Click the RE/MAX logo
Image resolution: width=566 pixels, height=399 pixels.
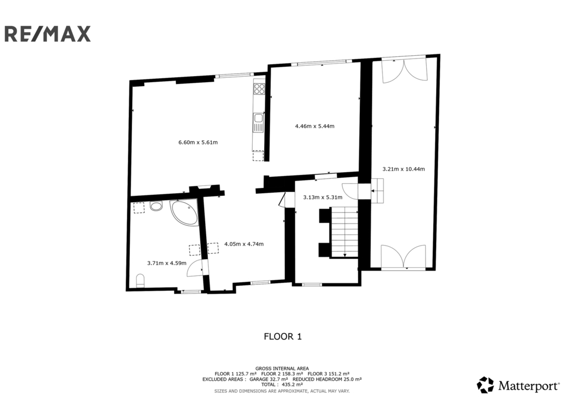[x=48, y=34]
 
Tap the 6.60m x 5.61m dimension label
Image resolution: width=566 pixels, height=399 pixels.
[x=198, y=142]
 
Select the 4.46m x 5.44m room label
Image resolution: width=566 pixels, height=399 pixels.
[x=315, y=126]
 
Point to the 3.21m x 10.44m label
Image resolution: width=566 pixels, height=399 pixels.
[x=403, y=169]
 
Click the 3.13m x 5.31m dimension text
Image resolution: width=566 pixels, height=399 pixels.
[x=323, y=197]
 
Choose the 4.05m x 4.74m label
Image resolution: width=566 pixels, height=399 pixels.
[x=244, y=244]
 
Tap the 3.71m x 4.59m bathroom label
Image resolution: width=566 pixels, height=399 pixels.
[x=167, y=263]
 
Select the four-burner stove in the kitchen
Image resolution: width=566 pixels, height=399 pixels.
[x=259, y=89]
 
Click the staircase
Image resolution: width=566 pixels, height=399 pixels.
[x=345, y=232]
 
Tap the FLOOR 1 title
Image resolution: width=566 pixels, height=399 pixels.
[x=283, y=337]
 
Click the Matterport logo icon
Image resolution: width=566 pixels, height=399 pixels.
[x=485, y=385]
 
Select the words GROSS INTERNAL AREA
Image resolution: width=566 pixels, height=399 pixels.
[x=282, y=368]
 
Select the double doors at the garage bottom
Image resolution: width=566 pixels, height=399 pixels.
[x=403, y=257]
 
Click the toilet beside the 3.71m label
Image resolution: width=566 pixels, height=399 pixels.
[x=140, y=280]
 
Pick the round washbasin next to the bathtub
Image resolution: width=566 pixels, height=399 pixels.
[x=156, y=206]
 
